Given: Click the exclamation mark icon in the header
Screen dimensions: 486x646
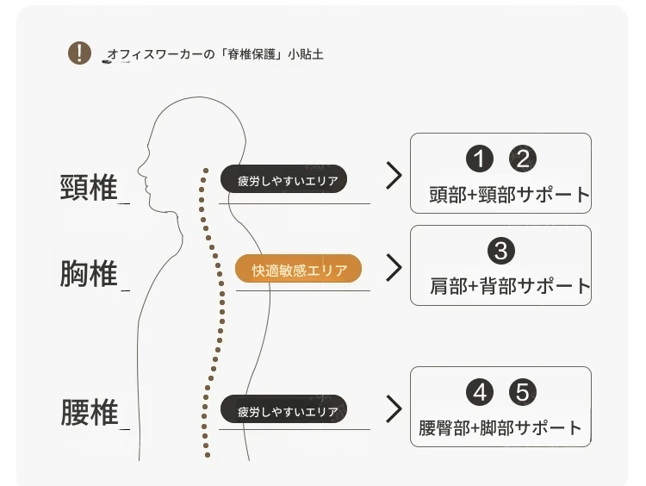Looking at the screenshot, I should point(79,53).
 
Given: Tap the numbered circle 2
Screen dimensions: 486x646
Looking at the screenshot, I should point(523,159).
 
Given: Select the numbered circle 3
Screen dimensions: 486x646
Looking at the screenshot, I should point(501,252).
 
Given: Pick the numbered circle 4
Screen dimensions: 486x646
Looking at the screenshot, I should point(480,393).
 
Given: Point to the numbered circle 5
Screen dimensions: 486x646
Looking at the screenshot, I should point(523,393).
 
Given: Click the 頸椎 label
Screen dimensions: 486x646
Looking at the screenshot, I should point(89,187).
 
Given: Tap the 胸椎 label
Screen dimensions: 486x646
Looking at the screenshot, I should point(89,274).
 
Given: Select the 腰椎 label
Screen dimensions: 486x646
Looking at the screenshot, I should point(89,412).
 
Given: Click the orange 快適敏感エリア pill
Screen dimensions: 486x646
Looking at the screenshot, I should point(299,270).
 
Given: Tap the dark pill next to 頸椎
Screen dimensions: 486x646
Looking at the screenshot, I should point(283,179).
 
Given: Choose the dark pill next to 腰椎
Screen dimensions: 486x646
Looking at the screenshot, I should point(283,410).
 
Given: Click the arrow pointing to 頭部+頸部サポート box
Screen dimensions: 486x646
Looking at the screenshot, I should point(394,176).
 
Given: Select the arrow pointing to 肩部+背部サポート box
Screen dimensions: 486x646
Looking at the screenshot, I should point(394,267).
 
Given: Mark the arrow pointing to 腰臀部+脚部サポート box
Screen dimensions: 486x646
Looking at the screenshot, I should point(394,408).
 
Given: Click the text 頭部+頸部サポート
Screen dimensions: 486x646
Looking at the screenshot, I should point(510,195).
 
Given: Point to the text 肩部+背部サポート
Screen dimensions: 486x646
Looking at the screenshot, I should point(510,286).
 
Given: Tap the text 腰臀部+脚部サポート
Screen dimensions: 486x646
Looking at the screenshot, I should point(500,427).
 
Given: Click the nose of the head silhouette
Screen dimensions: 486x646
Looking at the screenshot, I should point(140,168).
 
